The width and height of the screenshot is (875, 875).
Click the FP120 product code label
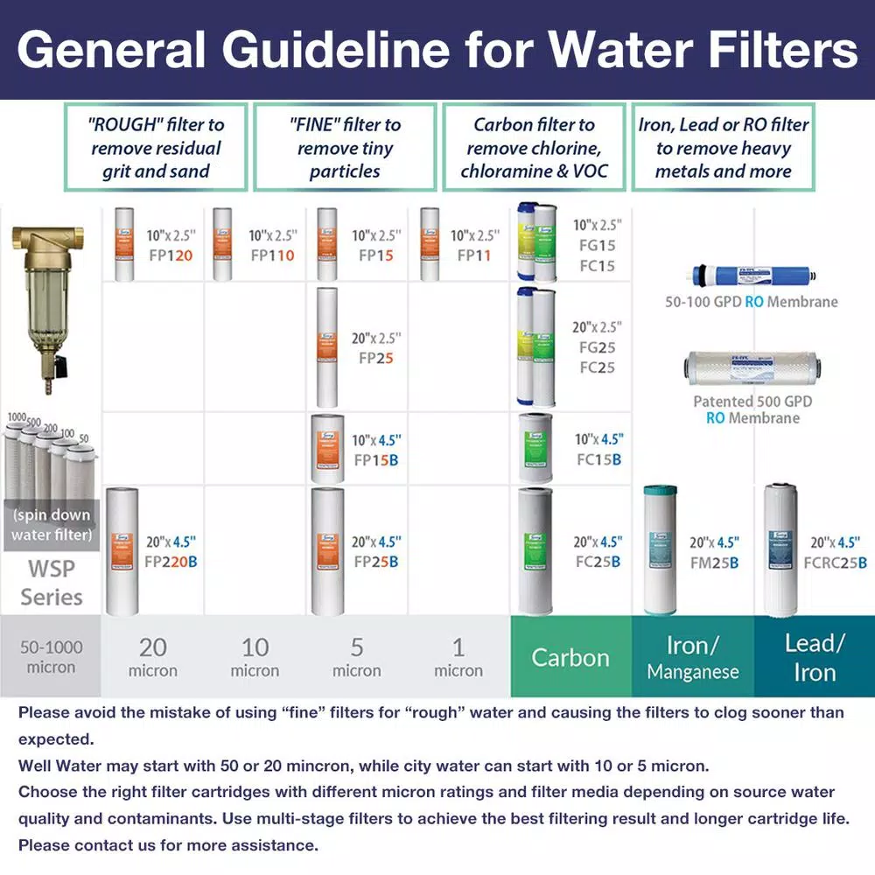pos(171,255)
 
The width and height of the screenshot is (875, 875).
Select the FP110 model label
pos(272,255)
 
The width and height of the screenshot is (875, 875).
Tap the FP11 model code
pos(474,255)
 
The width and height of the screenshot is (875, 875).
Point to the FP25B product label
pos(375,562)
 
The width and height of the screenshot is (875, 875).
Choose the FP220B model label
pos(171,562)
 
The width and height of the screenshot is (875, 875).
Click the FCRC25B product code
pos(836,563)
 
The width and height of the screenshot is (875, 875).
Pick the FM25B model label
pos(714,563)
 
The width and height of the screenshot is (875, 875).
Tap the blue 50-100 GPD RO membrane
pos(752,276)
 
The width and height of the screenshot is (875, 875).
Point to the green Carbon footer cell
pos(570,657)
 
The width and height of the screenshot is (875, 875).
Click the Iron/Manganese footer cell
pos(693,658)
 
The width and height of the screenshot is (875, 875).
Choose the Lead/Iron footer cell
pos(815,658)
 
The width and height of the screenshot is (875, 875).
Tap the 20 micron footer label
pos(153,657)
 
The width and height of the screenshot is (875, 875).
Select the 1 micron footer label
pos(458,657)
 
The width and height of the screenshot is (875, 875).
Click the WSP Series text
pos(51,583)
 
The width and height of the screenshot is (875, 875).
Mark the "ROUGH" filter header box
pos(157,148)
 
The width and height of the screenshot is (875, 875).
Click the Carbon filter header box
pos(534,148)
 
